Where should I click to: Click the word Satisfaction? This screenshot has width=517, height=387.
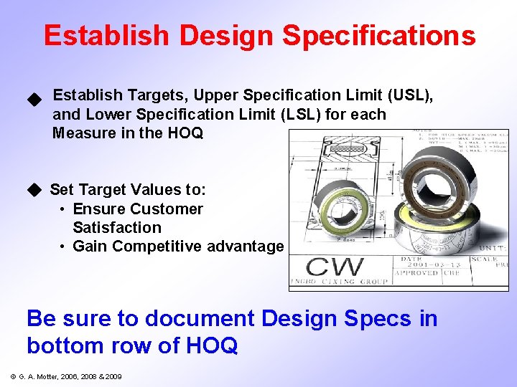(x=117, y=228)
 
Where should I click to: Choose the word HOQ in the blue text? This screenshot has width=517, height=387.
(x=211, y=345)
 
